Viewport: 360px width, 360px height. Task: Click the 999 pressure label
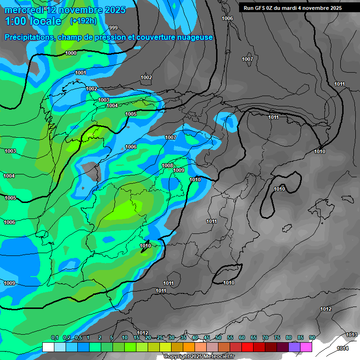[113, 28]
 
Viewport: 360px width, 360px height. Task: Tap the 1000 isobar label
[71, 53]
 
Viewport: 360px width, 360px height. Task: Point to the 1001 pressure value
[81, 73]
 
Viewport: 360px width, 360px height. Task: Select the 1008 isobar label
[167, 165]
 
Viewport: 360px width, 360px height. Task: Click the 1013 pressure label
[352, 335]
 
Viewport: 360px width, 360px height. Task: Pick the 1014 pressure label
[343, 348]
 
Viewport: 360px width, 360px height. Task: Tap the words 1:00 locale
[33, 21]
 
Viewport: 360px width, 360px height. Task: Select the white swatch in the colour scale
[48, 347]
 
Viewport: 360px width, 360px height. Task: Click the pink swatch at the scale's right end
[306, 347]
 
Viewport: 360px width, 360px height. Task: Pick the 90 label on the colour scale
[312, 338]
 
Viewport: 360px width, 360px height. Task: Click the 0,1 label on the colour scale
[54, 338]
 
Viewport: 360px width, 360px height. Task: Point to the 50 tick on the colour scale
[218, 338]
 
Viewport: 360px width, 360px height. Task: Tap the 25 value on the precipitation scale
[160, 338]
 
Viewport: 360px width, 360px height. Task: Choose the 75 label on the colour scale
[277, 338]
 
